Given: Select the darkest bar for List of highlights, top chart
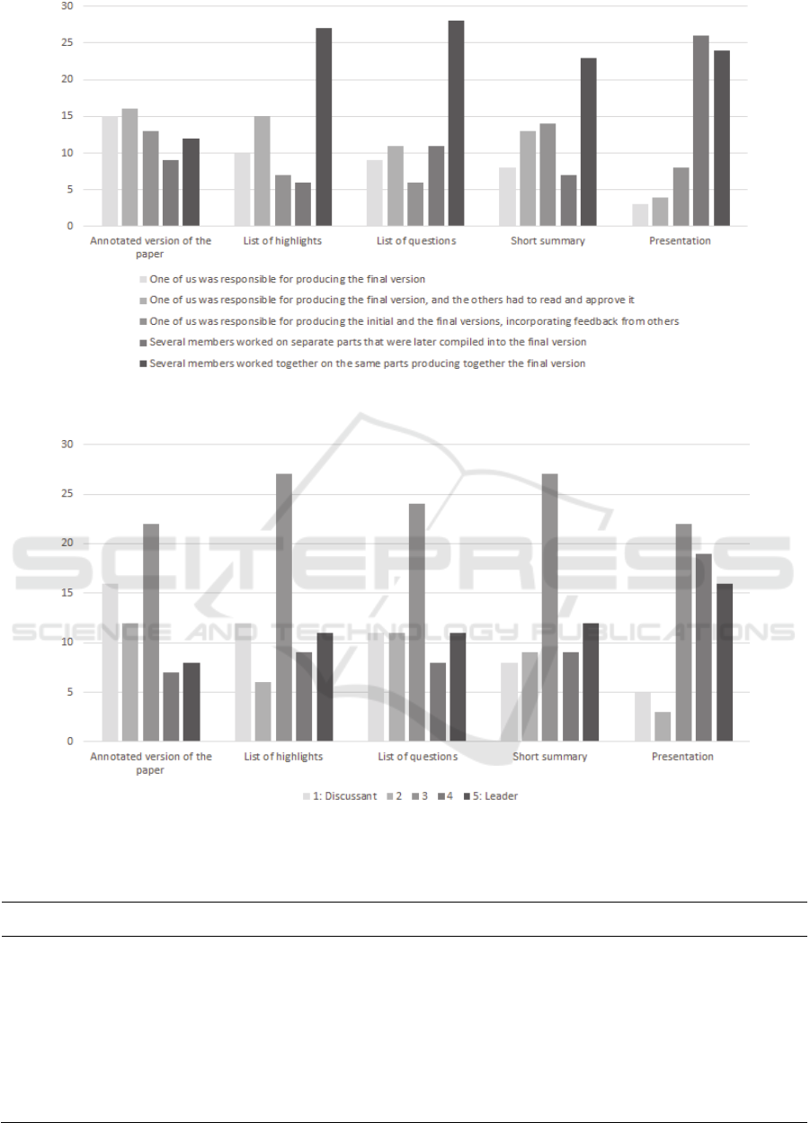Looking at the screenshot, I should tap(324, 127).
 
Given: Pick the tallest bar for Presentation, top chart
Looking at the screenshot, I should tap(700, 131).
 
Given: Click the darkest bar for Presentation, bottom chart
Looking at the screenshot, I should tap(724, 662).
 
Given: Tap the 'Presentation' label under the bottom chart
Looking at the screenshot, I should tap(681, 757).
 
